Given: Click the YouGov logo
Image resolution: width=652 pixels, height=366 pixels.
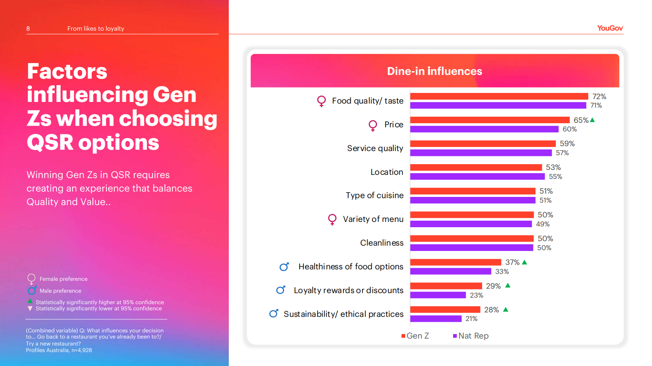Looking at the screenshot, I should [610, 28].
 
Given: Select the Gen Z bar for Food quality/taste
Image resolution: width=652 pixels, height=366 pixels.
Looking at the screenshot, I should [499, 96].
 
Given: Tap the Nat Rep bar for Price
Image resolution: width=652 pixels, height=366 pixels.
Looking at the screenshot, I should [484, 129].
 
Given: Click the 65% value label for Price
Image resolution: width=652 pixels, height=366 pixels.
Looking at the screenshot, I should [581, 120].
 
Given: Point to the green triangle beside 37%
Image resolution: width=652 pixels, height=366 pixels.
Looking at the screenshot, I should [525, 262].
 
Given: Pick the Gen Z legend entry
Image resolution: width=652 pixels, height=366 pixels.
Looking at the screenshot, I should [415, 336].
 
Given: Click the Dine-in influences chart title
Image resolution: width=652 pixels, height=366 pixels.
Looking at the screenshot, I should [435, 71].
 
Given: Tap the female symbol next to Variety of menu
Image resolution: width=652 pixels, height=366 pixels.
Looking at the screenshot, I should [332, 219].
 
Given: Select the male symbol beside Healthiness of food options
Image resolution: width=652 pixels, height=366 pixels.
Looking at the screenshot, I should [284, 267].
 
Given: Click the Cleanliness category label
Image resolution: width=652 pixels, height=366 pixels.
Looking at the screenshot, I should [381, 243].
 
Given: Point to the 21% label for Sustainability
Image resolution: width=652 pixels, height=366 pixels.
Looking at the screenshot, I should [472, 319].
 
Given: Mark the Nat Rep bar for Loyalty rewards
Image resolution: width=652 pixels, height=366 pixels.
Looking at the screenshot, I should [438, 295].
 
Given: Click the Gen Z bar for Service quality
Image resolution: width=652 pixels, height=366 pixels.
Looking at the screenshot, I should [483, 144].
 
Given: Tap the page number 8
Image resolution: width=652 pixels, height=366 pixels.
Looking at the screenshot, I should [28, 29].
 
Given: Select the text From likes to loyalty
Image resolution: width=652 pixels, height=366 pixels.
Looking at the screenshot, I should [95, 29].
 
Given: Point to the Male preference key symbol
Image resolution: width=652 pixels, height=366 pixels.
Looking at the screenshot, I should [32, 291].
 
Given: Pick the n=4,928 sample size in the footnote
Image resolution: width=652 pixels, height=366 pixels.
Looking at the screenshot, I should [81, 350].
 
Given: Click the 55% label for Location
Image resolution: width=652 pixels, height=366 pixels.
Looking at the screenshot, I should [555, 176].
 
